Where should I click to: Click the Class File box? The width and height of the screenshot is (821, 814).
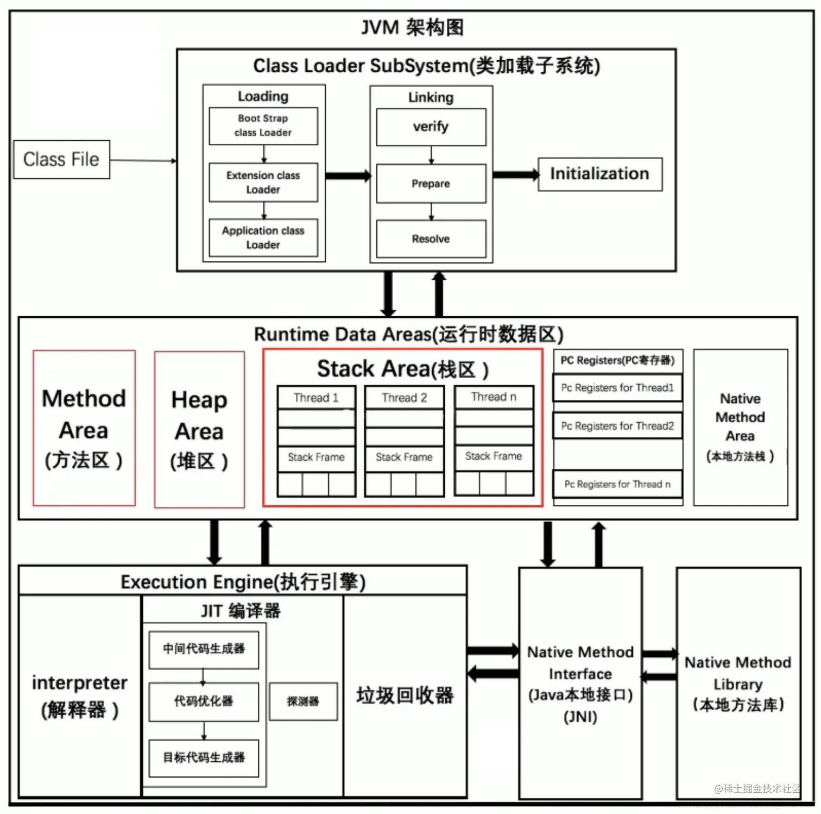point(61,159)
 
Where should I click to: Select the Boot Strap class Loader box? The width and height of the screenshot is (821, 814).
point(263,126)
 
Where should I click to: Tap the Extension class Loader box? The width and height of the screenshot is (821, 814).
point(263,183)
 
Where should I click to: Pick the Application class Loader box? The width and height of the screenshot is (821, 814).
point(263,237)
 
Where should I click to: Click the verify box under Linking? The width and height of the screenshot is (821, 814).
point(431,127)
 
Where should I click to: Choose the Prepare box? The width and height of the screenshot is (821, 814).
point(431,184)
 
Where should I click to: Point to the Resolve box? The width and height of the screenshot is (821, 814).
point(431,239)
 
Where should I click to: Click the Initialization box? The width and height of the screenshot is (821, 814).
point(599,174)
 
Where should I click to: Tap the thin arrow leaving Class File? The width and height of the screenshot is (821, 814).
point(143,160)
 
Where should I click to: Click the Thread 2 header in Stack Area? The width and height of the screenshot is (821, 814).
point(404,398)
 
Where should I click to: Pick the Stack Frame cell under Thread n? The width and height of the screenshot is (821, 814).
point(494,456)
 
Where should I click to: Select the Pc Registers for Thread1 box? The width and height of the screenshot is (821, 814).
point(617,387)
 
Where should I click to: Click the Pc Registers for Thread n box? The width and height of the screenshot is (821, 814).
point(617,484)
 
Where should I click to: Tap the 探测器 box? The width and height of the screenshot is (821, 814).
point(303,702)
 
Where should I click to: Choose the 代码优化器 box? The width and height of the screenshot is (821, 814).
point(204,702)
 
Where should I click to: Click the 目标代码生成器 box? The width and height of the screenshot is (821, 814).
point(204,757)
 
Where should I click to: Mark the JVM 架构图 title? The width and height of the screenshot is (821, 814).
point(412,27)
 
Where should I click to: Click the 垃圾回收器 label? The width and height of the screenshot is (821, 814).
point(405,696)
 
